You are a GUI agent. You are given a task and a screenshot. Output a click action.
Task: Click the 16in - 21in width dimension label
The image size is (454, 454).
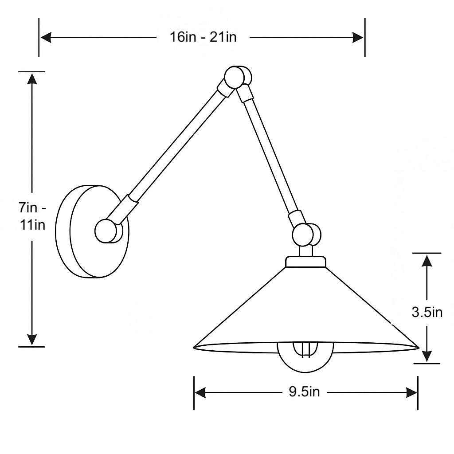204,37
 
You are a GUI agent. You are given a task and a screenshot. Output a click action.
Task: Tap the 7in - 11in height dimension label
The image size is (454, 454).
32,216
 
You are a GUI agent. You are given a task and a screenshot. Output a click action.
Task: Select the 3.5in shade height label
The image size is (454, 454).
427,312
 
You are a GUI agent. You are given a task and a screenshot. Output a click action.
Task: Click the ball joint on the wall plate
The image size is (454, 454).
106,231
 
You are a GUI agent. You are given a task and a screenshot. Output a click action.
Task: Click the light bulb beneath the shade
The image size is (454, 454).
305,357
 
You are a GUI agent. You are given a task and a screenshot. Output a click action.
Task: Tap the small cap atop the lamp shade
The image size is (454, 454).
306,262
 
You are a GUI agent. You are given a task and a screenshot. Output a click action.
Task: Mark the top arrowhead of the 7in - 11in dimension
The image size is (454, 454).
32,78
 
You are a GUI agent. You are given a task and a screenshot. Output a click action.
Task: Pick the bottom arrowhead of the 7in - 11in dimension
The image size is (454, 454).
32,339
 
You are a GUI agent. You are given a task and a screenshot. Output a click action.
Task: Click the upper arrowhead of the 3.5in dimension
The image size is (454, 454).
427,260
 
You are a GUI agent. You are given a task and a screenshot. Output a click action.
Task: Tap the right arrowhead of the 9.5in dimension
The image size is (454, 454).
411,392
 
